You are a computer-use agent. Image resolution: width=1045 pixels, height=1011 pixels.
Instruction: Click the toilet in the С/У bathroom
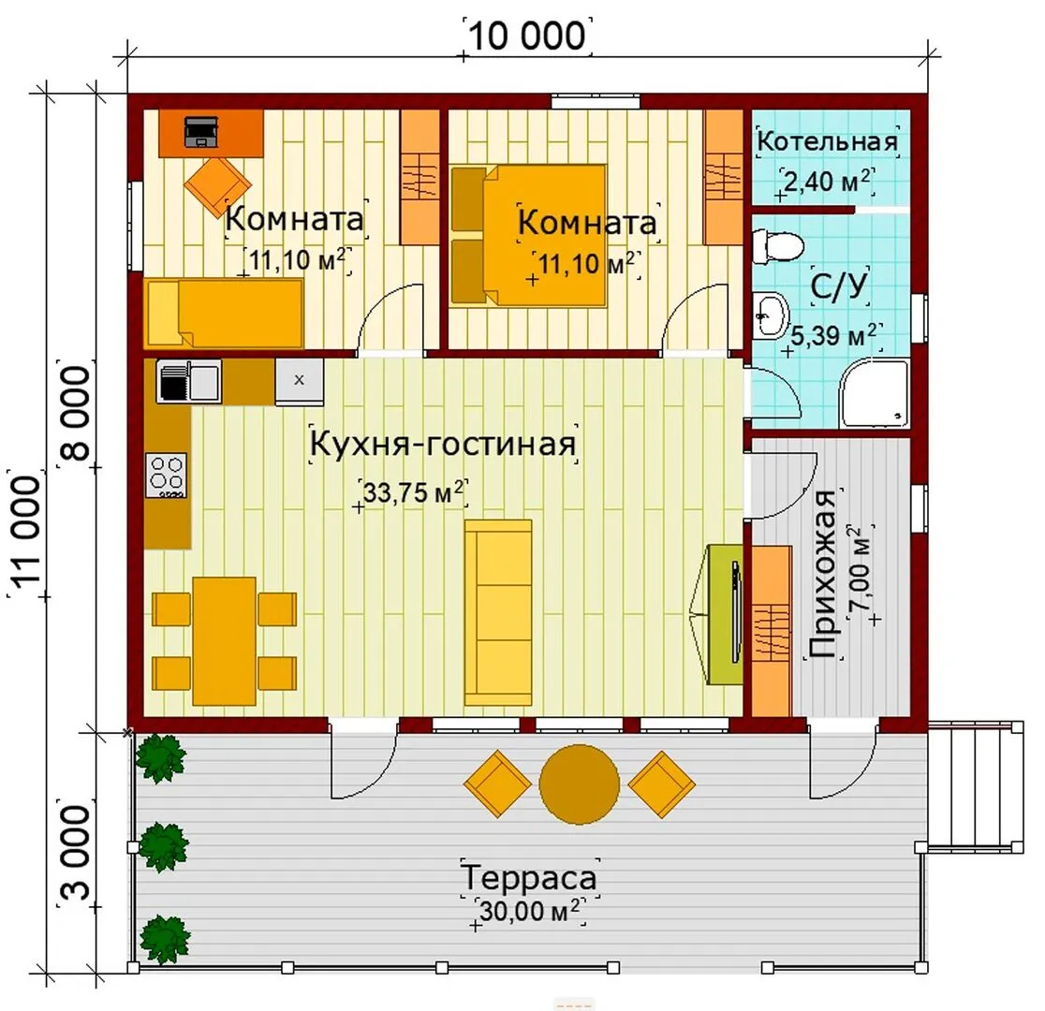click(777, 246)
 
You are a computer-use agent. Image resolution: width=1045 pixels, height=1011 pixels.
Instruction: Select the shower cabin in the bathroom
click(875, 393)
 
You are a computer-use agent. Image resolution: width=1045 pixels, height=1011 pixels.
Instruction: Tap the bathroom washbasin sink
click(771, 315)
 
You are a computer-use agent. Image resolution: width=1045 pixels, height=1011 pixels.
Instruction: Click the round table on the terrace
click(579, 784)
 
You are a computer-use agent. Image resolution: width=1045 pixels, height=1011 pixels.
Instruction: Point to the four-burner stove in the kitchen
click(166, 475)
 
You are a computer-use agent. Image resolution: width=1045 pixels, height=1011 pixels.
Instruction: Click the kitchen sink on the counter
click(188, 381)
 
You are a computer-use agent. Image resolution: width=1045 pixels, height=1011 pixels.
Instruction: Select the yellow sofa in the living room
click(498, 612)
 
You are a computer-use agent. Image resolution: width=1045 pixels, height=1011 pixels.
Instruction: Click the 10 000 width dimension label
click(528, 36)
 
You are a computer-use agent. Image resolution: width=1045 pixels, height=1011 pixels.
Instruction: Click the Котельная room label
click(827, 141)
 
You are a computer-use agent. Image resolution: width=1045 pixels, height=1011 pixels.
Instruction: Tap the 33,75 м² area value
click(413, 492)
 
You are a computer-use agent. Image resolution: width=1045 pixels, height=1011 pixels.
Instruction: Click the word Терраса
click(528, 877)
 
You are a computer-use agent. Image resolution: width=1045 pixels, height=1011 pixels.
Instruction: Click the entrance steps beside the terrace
click(975, 785)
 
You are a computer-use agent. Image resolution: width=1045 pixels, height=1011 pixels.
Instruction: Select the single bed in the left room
click(224, 314)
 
